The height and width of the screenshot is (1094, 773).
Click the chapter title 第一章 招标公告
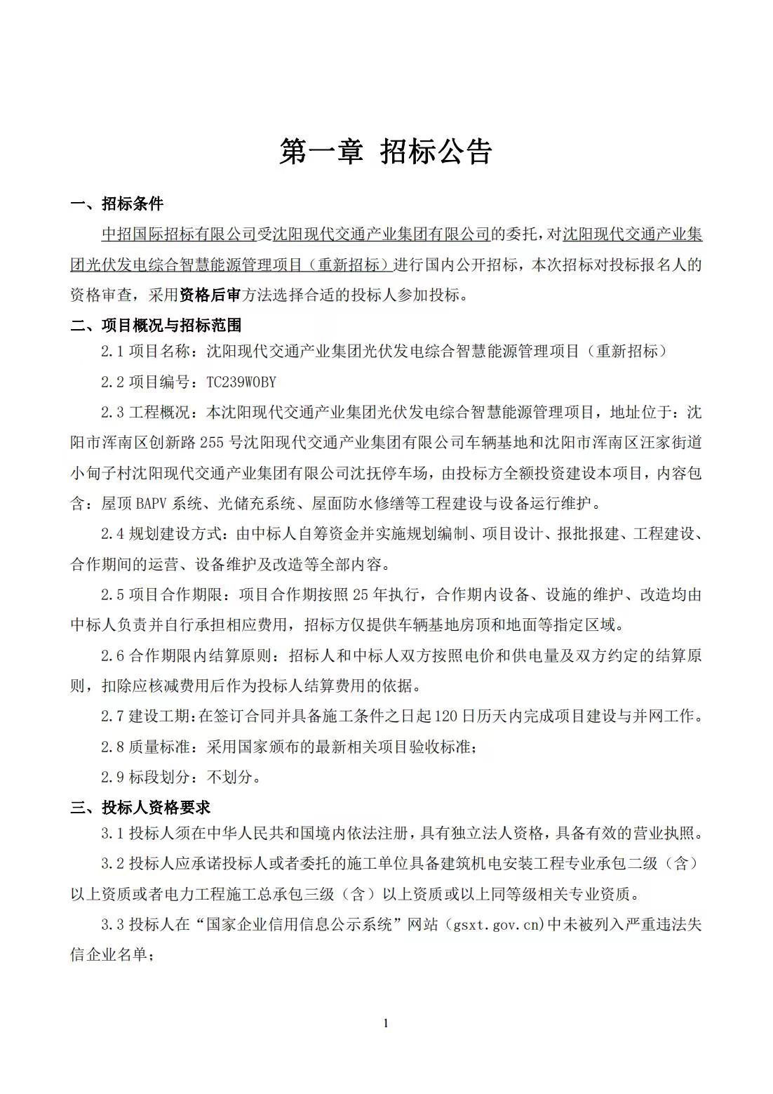click(386, 152)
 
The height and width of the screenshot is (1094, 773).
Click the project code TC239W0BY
click(241, 382)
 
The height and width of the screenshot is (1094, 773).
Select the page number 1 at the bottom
click(386, 1023)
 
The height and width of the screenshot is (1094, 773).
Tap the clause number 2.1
click(112, 352)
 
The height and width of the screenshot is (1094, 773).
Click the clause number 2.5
click(112, 595)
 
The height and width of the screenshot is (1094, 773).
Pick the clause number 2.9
click(112, 778)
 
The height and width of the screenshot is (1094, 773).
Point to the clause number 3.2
click(112, 863)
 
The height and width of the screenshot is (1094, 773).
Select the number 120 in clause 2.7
click(447, 716)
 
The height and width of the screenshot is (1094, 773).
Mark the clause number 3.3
click(112, 925)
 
